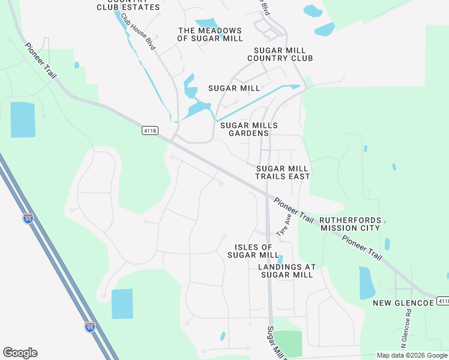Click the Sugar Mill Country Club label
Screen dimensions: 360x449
tap(281, 55)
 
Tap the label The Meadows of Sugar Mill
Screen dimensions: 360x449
tap(210, 34)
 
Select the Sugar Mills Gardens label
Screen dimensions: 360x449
tap(249, 129)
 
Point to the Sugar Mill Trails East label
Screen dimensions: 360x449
tap(283, 173)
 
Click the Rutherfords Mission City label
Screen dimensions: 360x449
tap(350, 224)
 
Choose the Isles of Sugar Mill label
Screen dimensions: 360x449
tap(253, 251)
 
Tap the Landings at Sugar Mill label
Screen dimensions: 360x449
tap(286, 271)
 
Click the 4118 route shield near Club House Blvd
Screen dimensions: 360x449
tap(150, 130)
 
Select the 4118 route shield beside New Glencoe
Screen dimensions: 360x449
tap(443, 301)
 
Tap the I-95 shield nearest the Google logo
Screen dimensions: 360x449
tap(89, 327)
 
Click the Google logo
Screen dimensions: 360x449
tap(20, 353)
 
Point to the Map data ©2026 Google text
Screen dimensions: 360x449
tap(412, 355)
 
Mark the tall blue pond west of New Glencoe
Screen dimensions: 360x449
tap(367, 283)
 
